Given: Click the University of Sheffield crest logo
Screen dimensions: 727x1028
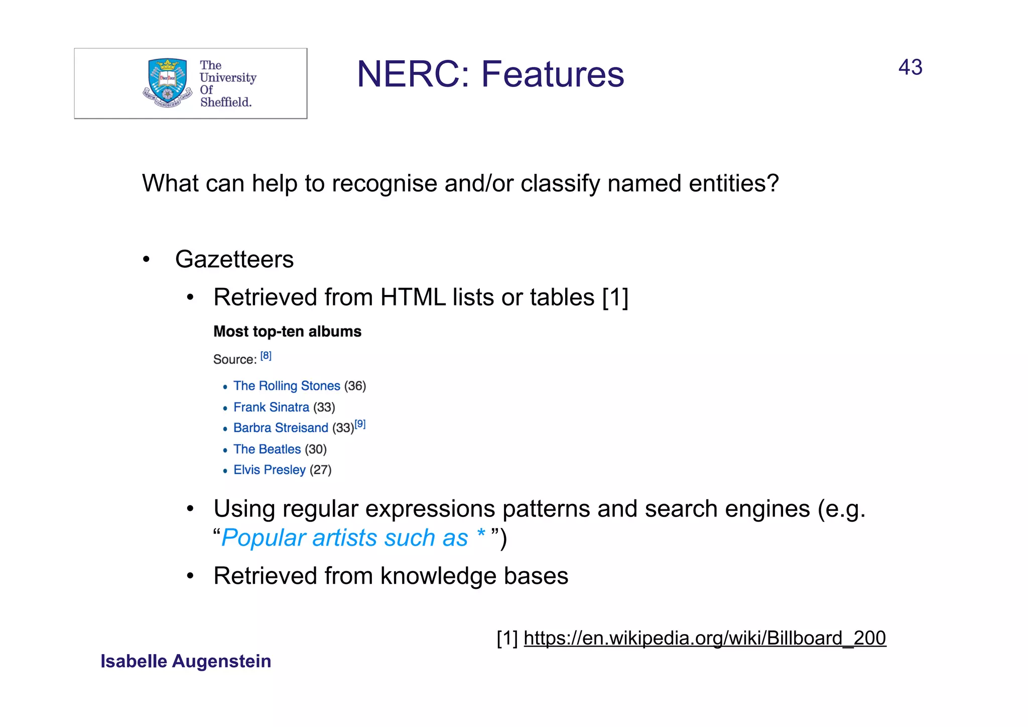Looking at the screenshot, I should click(x=167, y=83).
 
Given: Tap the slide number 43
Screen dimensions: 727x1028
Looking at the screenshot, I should click(x=910, y=67).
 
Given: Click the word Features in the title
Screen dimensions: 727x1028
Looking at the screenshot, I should click(x=553, y=74).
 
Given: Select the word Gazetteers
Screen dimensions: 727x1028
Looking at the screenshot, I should click(x=234, y=260).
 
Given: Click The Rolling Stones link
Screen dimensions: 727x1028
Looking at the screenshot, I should click(x=287, y=386).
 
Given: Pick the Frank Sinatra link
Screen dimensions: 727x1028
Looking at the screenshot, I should click(x=271, y=407).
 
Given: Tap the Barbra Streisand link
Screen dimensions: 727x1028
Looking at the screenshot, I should click(x=281, y=428).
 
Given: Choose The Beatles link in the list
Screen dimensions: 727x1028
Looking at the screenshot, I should click(x=267, y=449).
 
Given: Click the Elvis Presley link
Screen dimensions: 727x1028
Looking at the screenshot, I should click(x=270, y=470).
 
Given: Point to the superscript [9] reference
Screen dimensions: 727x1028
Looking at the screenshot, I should click(x=360, y=424).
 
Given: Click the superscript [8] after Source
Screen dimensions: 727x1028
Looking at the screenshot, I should click(x=266, y=356).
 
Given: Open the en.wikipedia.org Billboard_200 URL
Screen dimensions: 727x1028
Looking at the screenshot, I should click(x=705, y=638).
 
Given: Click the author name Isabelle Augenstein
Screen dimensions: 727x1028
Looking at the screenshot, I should click(x=186, y=661).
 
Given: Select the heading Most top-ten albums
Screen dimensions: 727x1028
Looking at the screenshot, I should click(x=287, y=332).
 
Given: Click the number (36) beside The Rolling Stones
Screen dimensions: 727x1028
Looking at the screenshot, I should click(x=355, y=386).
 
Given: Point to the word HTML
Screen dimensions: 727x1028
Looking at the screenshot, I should click(x=413, y=297).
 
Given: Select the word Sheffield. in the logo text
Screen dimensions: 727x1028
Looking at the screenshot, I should click(x=226, y=102).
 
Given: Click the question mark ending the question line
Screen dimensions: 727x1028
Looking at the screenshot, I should click(x=773, y=183).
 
